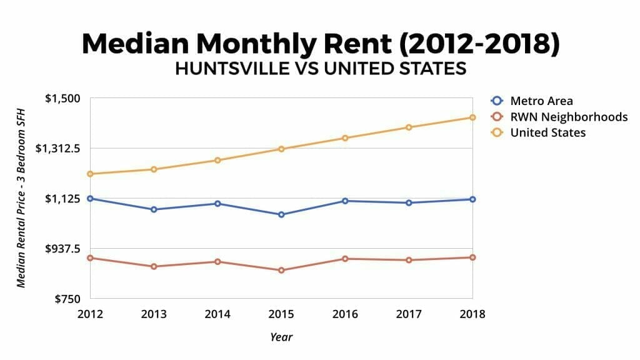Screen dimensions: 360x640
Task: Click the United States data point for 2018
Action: [472, 117]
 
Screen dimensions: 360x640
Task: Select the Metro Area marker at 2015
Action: [281, 214]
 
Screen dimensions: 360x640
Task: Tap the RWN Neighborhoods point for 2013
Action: [154, 266]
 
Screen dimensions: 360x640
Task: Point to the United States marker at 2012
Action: [90, 174]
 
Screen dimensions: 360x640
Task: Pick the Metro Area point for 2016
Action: [345, 201]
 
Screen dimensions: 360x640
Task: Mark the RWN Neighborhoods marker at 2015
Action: [281, 270]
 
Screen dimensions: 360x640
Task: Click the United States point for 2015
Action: [281, 149]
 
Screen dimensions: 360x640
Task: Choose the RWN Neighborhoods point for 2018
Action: [472, 257]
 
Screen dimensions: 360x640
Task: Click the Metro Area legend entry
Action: [541, 101]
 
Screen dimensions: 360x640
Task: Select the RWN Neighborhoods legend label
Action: [569, 116]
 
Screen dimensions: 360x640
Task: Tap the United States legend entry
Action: [547, 132]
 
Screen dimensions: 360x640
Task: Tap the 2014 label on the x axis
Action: [217, 314]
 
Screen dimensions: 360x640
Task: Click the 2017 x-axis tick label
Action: [409, 314]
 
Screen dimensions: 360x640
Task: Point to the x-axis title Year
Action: [281, 337]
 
